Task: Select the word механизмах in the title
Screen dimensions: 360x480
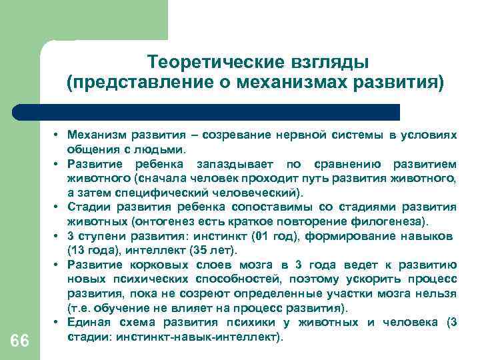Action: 288,83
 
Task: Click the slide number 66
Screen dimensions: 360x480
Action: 20,340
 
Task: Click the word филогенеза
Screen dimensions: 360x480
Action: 394,221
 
